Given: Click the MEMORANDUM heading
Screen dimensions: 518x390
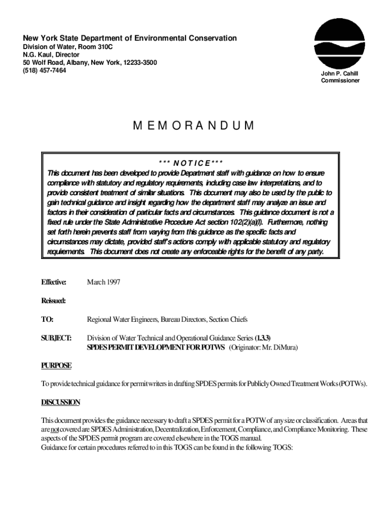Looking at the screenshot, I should [194, 126].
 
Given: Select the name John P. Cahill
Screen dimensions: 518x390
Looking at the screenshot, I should [340, 73].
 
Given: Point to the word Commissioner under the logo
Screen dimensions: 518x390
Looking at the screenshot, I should [340, 80].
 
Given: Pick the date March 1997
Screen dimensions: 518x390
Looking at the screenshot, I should [104, 282].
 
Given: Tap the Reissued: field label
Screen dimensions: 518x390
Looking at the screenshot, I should [53, 301].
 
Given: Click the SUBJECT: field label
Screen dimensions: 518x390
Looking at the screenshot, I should [56, 338].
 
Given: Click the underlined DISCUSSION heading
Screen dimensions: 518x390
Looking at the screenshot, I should [60, 402].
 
